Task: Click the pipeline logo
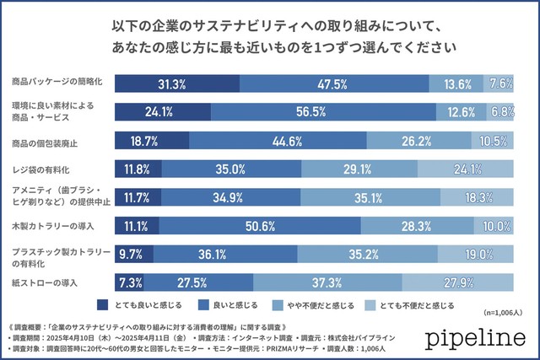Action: tap(472, 338)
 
